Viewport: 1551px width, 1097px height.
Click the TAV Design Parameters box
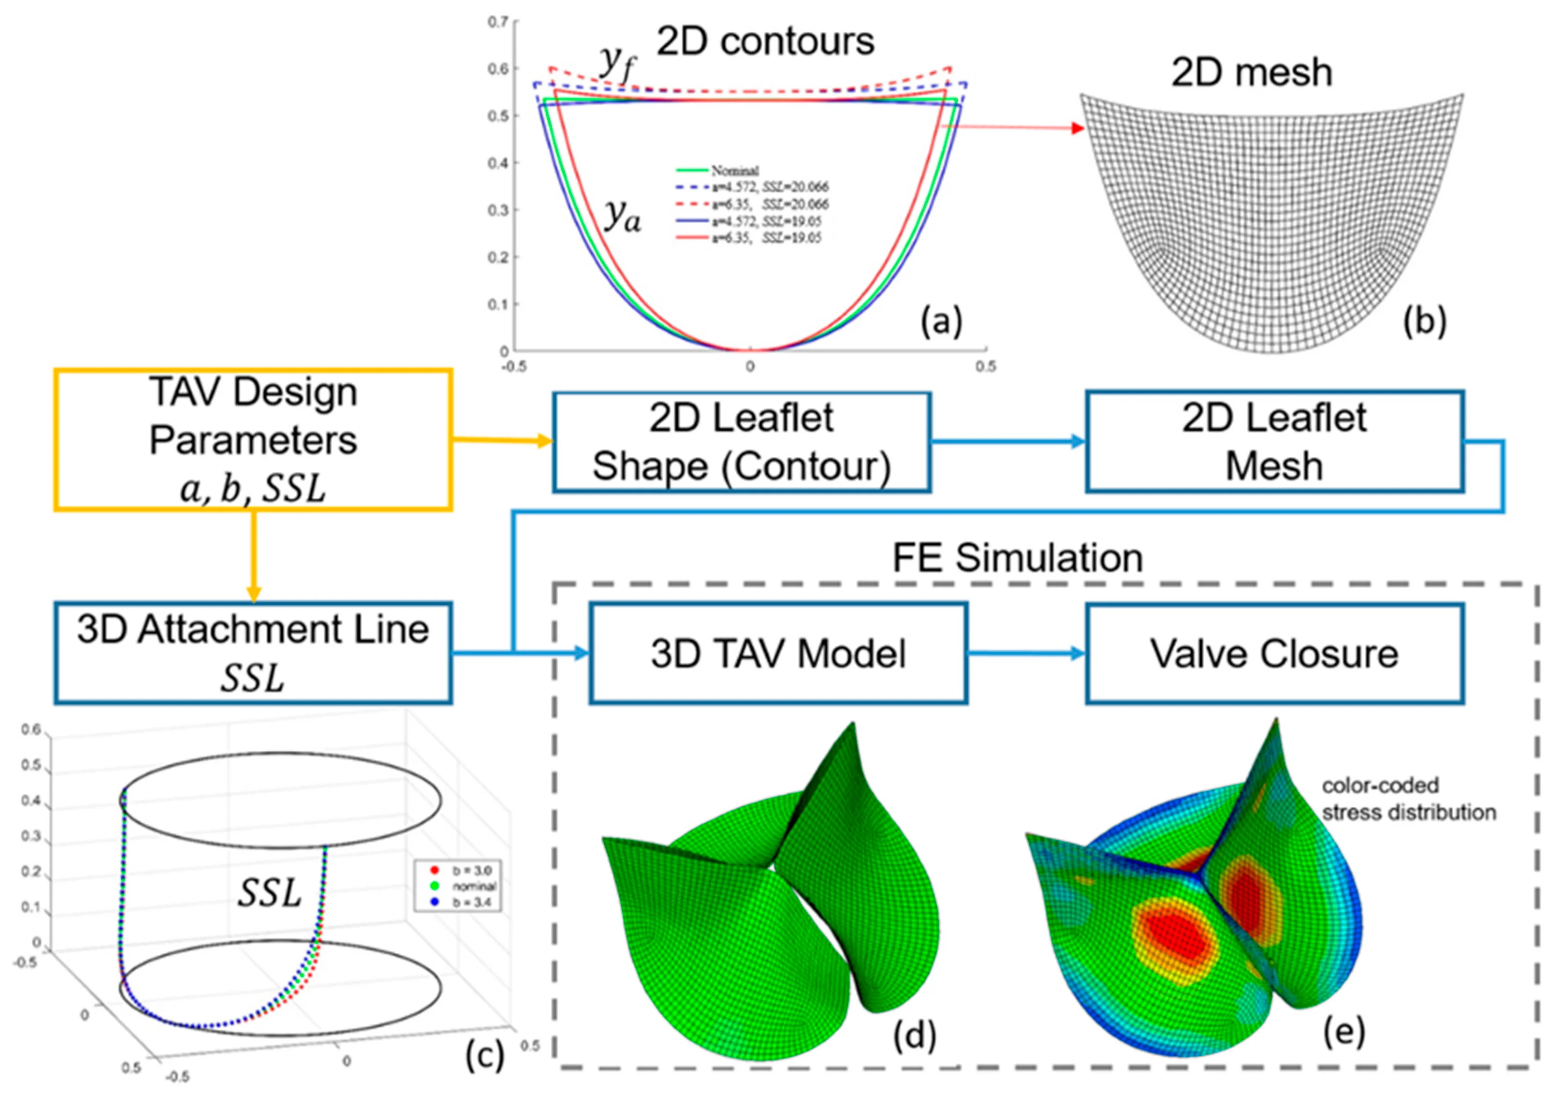click(253, 439)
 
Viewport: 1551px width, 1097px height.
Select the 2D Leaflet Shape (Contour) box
click(741, 442)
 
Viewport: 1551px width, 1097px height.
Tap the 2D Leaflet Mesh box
click(1274, 442)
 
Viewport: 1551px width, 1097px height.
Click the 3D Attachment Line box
click(253, 653)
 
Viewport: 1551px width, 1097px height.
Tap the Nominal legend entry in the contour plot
click(734, 170)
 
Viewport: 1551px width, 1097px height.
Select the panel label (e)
click(1344, 1032)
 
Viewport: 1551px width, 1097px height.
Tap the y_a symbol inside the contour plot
click(621, 216)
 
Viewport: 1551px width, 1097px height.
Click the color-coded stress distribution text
click(1408, 798)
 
